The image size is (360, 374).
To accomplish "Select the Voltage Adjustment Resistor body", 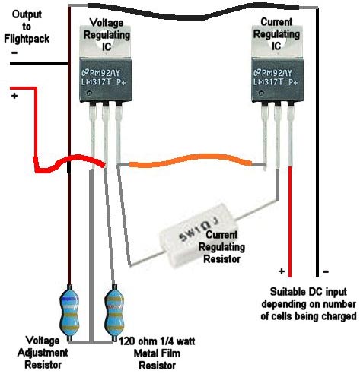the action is [69, 313].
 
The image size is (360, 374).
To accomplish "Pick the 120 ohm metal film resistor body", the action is [114, 313].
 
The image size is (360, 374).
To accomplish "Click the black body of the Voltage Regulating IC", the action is [106, 80].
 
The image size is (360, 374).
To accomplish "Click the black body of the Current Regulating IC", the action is [278, 80].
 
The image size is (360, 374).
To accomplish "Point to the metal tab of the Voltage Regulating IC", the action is [106, 41].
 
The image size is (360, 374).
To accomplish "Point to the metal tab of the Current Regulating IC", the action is [278, 41].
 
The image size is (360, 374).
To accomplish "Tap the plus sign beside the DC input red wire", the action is [282, 271].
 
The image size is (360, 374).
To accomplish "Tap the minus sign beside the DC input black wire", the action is [326, 271].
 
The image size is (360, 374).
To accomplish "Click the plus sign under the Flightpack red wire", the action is [14, 96].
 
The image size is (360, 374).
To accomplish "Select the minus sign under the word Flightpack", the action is [14, 52].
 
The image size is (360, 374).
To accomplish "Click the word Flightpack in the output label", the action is [27, 39].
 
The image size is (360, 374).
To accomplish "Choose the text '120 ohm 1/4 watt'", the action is [157, 341].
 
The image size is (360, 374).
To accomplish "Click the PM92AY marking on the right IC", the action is [276, 73].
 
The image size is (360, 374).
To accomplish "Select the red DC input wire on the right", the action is [290, 222].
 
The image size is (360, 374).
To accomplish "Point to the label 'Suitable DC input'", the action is [308, 292].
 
